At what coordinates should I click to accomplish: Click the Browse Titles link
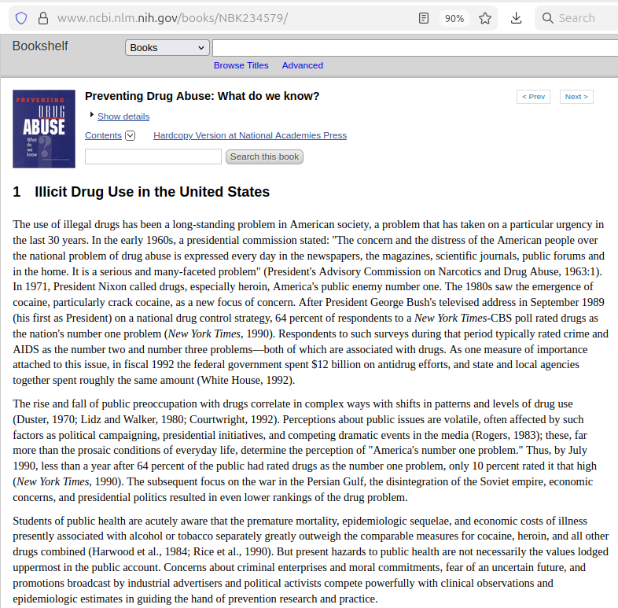point(241,65)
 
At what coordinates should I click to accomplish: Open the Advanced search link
point(303,65)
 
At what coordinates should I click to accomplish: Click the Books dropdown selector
point(167,48)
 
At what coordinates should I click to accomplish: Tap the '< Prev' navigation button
point(533,97)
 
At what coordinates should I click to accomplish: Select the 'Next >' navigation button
point(576,97)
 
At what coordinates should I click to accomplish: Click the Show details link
point(123,116)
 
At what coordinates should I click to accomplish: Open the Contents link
point(103,135)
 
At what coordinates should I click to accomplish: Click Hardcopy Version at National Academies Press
point(250,135)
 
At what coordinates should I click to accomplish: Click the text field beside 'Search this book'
point(153,157)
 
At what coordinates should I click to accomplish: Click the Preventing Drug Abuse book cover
point(44,129)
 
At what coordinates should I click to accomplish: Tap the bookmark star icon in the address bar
point(485,18)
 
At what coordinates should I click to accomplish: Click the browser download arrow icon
point(517,18)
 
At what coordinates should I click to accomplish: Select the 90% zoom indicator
point(454,18)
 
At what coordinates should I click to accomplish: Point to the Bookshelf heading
point(40,46)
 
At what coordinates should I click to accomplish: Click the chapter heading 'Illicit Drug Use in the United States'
point(152,192)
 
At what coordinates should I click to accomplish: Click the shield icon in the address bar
point(21,18)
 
